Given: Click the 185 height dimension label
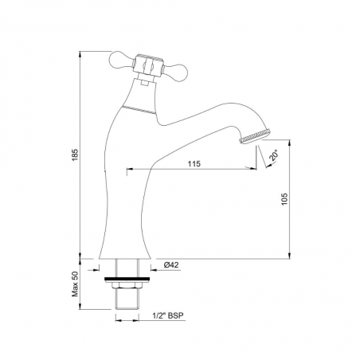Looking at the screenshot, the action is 76,155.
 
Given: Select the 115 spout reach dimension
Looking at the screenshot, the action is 194,164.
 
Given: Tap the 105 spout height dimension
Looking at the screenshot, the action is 284,198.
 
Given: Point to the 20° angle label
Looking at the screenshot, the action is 274,155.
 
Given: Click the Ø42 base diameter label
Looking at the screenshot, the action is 171,264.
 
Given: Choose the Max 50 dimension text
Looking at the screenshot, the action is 76,284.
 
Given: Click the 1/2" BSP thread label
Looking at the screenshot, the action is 168,315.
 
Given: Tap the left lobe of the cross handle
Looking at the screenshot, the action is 121,60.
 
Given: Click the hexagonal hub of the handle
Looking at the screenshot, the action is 147,66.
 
